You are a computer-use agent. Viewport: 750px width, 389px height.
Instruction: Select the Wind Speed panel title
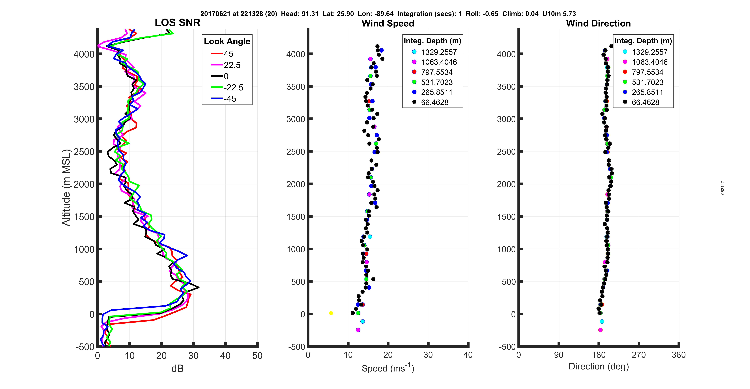[388, 23]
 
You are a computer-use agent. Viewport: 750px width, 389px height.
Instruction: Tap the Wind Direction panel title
[598, 23]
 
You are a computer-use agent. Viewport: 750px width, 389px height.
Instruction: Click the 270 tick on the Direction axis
[639, 355]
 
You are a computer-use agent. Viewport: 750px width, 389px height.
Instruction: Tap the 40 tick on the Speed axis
[468, 355]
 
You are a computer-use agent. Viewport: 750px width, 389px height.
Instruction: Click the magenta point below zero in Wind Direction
[600, 330]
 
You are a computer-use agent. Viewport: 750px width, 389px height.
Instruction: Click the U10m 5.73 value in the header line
[559, 14]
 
